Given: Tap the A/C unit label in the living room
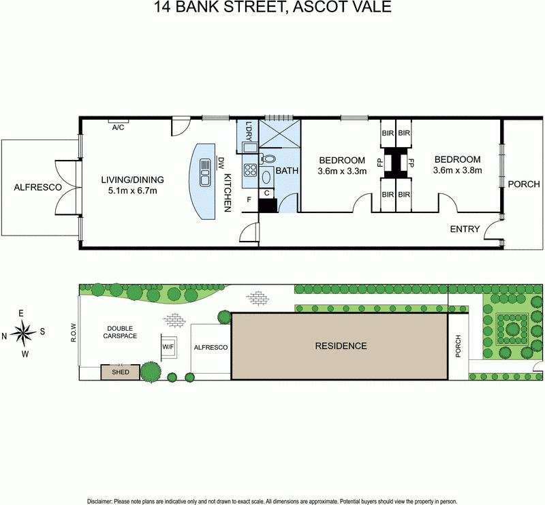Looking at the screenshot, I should (117, 127).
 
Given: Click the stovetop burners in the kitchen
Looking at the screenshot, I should (250, 170).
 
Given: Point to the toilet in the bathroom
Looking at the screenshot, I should (268, 159).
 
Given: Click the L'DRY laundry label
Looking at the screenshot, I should (249, 133).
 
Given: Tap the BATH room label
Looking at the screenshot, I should (286, 171).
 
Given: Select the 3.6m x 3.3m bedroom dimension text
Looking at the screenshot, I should (342, 172).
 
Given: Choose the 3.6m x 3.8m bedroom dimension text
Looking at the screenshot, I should (457, 171).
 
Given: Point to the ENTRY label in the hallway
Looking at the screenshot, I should (465, 229).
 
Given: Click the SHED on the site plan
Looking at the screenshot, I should (120, 372).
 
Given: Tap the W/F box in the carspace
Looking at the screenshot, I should (168, 346).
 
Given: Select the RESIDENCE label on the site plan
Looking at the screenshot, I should (340, 346).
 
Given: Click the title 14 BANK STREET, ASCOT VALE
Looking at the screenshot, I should (272, 8).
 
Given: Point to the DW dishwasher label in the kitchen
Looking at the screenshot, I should (221, 163).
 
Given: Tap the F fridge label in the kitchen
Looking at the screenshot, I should (249, 199).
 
